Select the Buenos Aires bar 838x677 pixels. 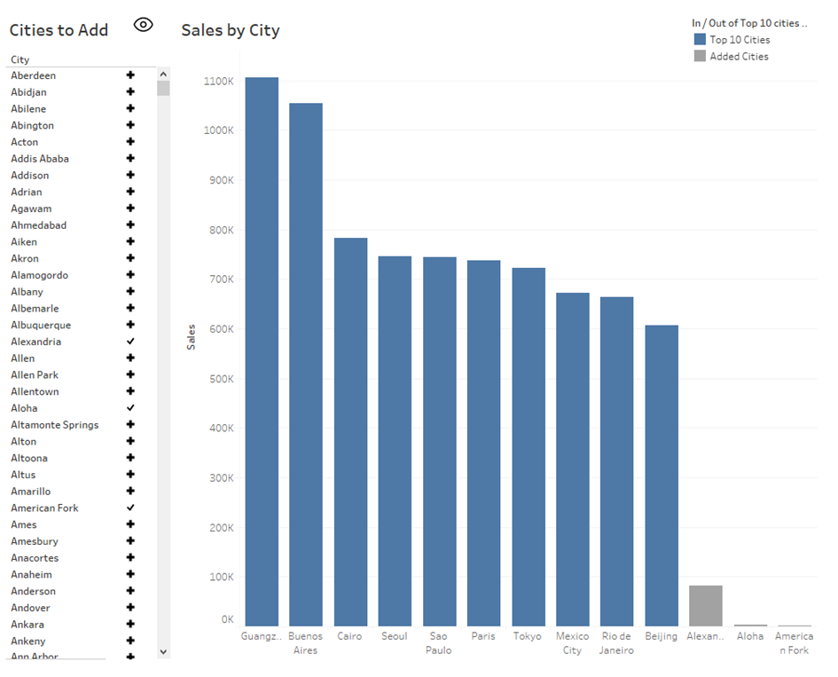pos(306,364)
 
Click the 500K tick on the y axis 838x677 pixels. pos(220,379)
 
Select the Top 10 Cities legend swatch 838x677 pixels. pos(700,40)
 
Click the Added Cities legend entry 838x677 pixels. pos(739,57)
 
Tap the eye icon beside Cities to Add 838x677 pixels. pos(143,25)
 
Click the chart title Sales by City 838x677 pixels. pos(231,30)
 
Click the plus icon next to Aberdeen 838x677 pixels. pos(130,75)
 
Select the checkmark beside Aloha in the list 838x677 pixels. pos(130,408)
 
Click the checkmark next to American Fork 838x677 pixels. pos(130,508)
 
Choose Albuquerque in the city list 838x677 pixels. pos(41,325)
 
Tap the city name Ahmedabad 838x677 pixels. pos(38,225)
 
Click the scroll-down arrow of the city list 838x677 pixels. pos(163,651)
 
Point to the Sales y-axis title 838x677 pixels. pos(192,337)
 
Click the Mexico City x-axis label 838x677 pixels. pos(572,642)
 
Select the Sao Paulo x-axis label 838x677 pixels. pos(439,642)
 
